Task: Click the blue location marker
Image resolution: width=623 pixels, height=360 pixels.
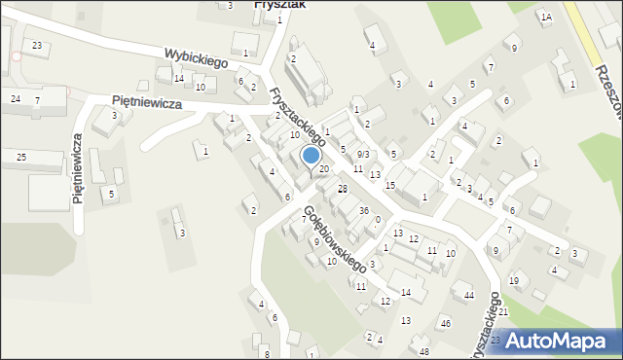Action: [311, 156]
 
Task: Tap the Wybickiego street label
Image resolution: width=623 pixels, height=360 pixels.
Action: [195, 58]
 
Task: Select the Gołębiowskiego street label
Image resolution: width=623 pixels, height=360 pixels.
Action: [334, 237]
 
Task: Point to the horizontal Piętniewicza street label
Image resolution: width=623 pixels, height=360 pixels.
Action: [147, 102]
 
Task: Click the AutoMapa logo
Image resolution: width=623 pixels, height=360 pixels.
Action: [566, 341]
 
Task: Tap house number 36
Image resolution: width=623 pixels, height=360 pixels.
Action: [363, 211]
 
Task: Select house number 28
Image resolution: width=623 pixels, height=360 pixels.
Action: [342, 189]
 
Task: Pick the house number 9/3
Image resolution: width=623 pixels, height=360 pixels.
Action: [362, 155]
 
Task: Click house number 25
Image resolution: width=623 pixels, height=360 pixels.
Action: [21, 157]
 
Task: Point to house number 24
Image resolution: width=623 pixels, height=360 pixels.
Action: [15, 99]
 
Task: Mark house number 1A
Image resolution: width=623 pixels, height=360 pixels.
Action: [546, 18]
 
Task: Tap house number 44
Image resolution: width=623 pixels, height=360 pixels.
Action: [468, 295]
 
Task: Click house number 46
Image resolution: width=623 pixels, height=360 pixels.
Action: [445, 323]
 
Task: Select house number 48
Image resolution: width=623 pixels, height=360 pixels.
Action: [423, 351]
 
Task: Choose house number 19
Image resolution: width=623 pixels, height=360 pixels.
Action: [513, 281]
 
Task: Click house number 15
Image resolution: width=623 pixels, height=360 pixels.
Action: [390, 185]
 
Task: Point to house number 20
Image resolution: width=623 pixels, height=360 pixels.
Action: [324, 170]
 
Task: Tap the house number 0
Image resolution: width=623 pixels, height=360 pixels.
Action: [378, 220]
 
